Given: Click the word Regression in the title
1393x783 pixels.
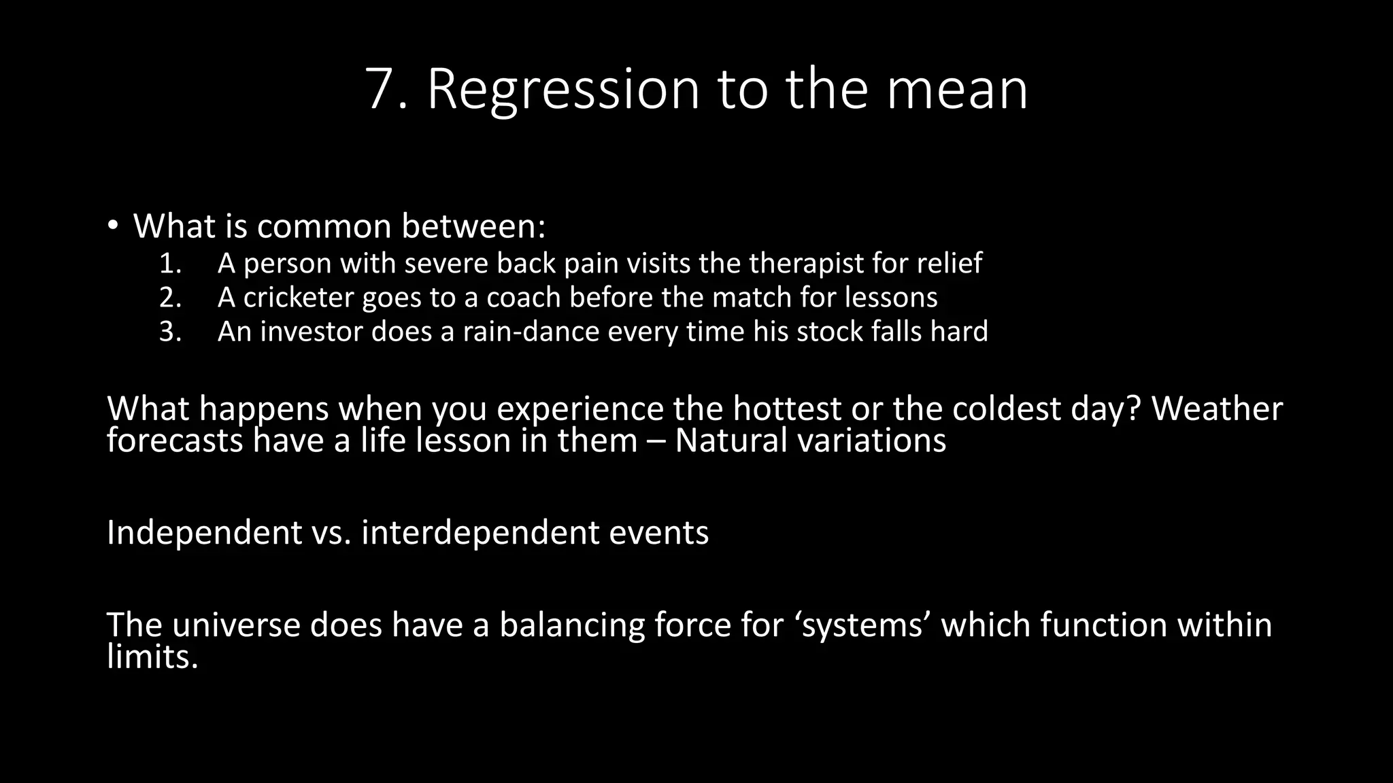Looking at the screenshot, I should [563, 90].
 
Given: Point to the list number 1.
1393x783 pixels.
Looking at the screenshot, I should [170, 264].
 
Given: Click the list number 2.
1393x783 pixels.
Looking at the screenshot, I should [170, 298].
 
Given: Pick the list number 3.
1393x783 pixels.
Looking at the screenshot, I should [170, 332].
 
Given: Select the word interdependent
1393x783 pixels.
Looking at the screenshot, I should [480, 532].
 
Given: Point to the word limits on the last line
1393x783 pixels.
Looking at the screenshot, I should [152, 657].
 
